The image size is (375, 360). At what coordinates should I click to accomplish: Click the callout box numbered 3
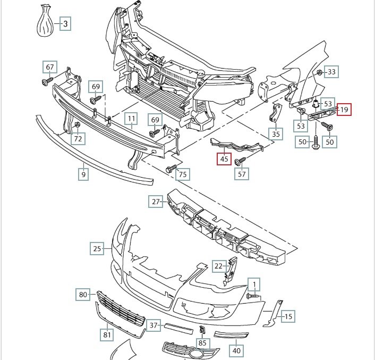(65, 24)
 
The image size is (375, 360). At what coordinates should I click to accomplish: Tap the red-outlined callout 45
(224, 159)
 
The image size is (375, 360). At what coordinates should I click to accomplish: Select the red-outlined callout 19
(344, 110)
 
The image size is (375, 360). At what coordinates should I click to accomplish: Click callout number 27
(156, 202)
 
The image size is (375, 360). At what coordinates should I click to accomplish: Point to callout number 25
(97, 248)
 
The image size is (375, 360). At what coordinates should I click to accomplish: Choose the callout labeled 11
(132, 119)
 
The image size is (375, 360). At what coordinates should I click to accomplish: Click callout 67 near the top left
(50, 67)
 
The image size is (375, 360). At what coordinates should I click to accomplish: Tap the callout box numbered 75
(183, 174)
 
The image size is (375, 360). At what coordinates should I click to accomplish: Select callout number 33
(331, 72)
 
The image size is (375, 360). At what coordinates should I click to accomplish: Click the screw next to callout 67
(47, 81)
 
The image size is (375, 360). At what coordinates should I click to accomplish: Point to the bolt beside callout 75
(171, 168)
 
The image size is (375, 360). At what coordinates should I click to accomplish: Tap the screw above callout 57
(240, 161)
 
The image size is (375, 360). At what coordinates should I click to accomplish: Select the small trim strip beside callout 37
(178, 329)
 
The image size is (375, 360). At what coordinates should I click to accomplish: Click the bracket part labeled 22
(231, 271)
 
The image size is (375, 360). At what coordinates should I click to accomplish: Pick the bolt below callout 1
(252, 296)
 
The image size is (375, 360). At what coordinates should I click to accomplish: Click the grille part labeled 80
(121, 308)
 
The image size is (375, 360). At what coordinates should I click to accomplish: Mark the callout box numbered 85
(202, 343)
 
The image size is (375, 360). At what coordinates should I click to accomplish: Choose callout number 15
(288, 316)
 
